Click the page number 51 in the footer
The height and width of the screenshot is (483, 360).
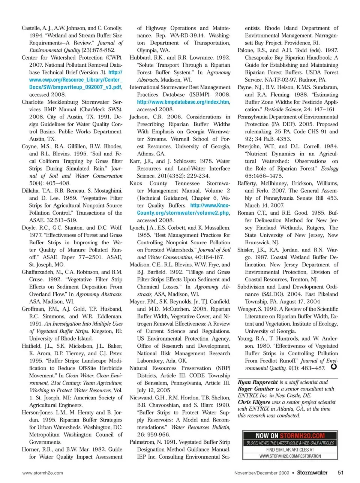click(340, 473)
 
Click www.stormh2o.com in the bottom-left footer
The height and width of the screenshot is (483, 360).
click(43, 473)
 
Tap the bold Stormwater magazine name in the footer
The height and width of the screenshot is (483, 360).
click(312, 473)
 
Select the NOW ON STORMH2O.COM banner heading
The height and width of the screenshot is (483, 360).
click(290, 436)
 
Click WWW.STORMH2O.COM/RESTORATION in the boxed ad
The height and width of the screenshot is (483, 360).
click(290, 456)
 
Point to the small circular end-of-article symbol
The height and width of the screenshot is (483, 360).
click(333, 366)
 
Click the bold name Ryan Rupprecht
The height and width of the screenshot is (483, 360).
click(258, 382)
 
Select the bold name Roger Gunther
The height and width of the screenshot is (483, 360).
click(256, 389)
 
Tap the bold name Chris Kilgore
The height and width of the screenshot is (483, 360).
click(254, 402)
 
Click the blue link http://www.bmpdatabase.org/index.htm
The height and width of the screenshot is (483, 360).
click(183, 102)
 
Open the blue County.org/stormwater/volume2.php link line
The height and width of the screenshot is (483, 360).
click(183, 213)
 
